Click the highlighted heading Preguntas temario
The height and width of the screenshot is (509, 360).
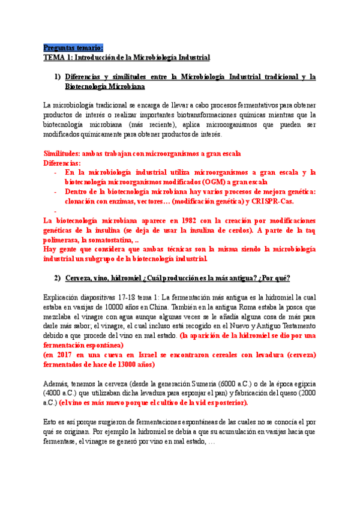coord(73,47)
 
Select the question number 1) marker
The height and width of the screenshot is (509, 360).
coord(58,77)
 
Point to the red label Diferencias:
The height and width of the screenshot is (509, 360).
coord(63,163)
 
